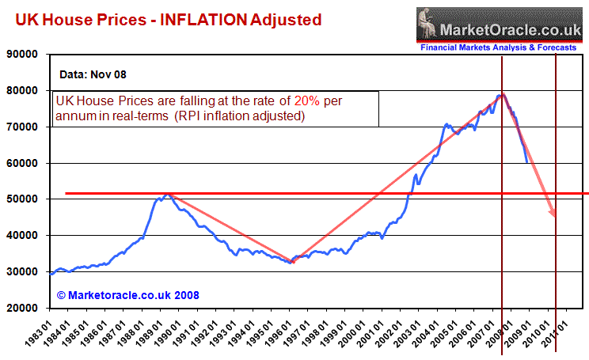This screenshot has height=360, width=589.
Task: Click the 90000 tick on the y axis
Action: (25, 55)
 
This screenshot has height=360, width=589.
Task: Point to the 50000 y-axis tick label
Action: (25, 199)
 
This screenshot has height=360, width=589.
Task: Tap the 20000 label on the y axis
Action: (25, 308)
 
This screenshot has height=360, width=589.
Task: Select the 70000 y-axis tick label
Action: (25, 127)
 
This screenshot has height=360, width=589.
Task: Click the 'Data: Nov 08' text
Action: (93, 75)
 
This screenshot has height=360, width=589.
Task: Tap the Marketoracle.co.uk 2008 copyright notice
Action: (127, 295)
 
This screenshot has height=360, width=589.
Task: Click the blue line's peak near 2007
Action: (500, 95)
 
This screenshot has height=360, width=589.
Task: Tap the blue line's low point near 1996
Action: (291, 262)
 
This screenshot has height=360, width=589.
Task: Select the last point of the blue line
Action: (527, 162)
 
